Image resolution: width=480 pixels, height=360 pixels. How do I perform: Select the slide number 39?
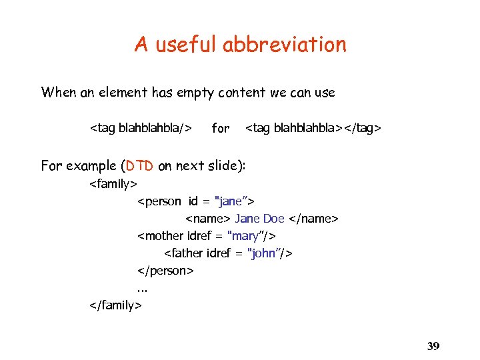click(x=433, y=346)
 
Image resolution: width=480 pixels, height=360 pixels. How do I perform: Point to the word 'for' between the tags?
click(x=220, y=127)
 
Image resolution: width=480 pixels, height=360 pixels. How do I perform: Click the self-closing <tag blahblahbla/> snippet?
click(x=141, y=127)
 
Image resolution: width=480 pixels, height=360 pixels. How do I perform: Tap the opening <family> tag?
click(x=113, y=183)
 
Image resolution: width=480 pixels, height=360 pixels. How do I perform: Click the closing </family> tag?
click(x=115, y=305)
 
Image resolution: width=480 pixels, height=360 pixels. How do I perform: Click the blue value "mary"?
click(x=247, y=235)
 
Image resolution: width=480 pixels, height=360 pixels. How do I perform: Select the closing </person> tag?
click(x=165, y=270)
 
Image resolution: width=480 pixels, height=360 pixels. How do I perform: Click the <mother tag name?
click(x=159, y=235)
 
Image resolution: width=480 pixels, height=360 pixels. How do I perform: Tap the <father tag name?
click(x=184, y=253)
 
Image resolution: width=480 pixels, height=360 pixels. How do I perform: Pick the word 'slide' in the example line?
click(x=224, y=166)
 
